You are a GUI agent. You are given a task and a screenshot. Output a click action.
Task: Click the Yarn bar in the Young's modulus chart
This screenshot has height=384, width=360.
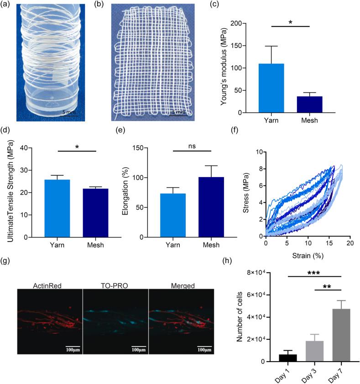271,88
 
